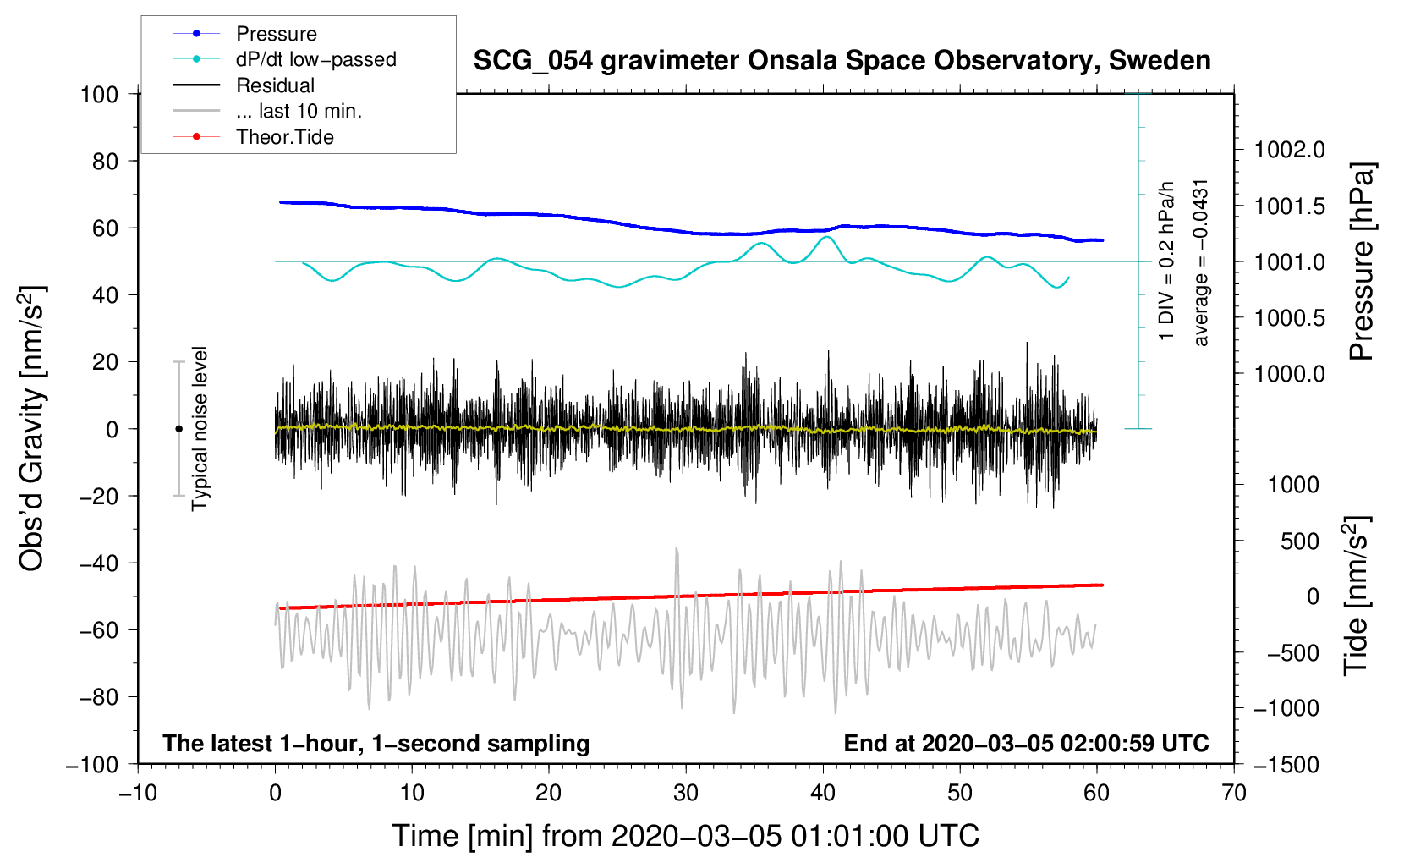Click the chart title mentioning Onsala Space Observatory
click(842, 61)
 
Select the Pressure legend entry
click(276, 34)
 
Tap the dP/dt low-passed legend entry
click(315, 59)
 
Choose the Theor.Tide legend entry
click(284, 137)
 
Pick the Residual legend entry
click(275, 85)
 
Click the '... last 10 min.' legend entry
click(299, 111)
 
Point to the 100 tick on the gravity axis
click(100, 94)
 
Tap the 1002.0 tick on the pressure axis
click(1289, 150)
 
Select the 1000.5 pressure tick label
click(1289, 318)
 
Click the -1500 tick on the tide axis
click(1286, 765)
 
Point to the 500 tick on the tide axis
click(1299, 541)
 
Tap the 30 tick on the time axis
click(686, 793)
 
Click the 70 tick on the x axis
click(1234, 793)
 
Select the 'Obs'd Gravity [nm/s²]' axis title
click(32, 428)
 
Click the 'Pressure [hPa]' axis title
click(1362, 262)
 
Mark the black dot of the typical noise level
click(178, 429)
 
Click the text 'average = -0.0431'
click(1201, 262)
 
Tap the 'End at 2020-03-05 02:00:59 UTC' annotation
click(1026, 743)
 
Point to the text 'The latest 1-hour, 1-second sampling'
click(376, 743)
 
